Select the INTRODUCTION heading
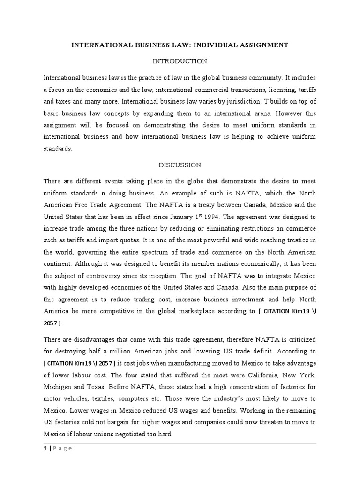(180, 61)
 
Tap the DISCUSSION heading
(180, 165)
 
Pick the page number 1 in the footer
(45, 448)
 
